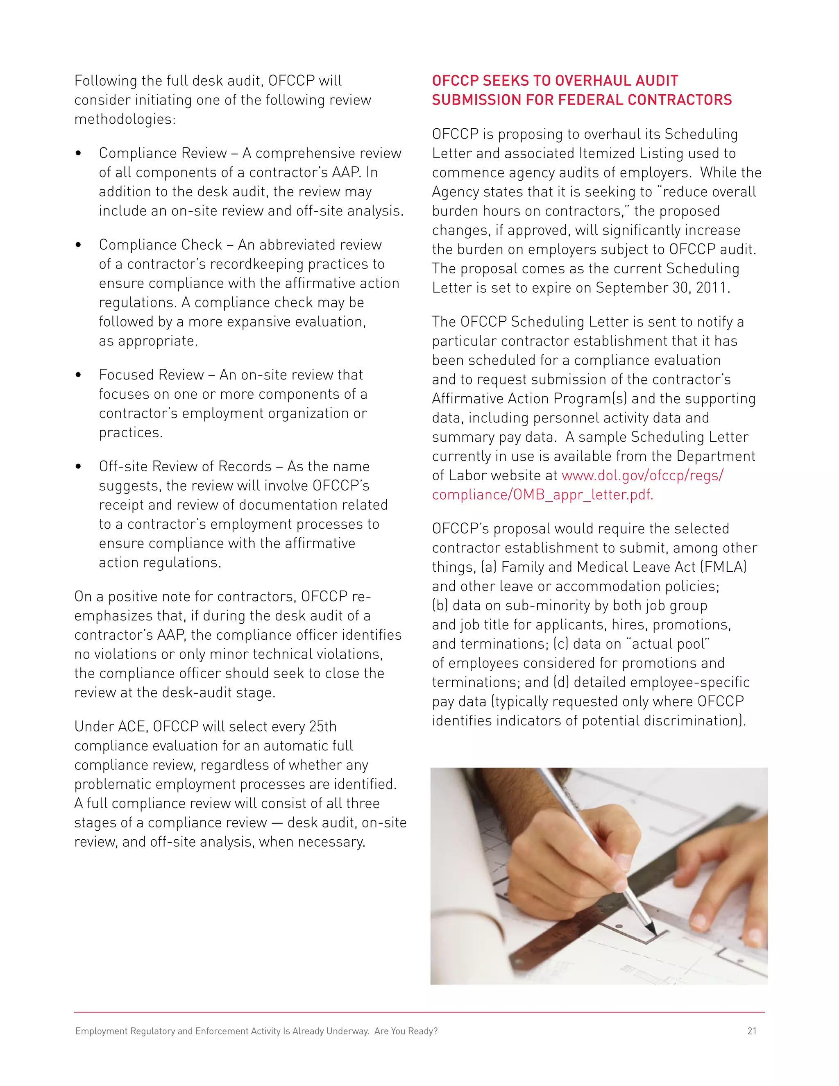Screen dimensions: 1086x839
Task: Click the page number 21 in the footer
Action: click(751, 1031)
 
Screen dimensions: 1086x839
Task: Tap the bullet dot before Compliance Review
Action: click(78, 154)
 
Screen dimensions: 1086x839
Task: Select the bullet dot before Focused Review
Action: click(78, 375)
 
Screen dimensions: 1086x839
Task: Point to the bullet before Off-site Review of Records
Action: click(78, 467)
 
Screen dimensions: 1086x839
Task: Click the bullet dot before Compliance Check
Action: click(78, 245)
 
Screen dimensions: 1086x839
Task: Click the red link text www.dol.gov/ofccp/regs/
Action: click(642, 475)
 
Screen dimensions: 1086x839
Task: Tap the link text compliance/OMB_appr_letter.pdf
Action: click(542, 495)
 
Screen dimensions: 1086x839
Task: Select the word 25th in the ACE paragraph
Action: click(322, 727)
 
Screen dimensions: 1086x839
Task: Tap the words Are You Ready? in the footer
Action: click(406, 1031)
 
